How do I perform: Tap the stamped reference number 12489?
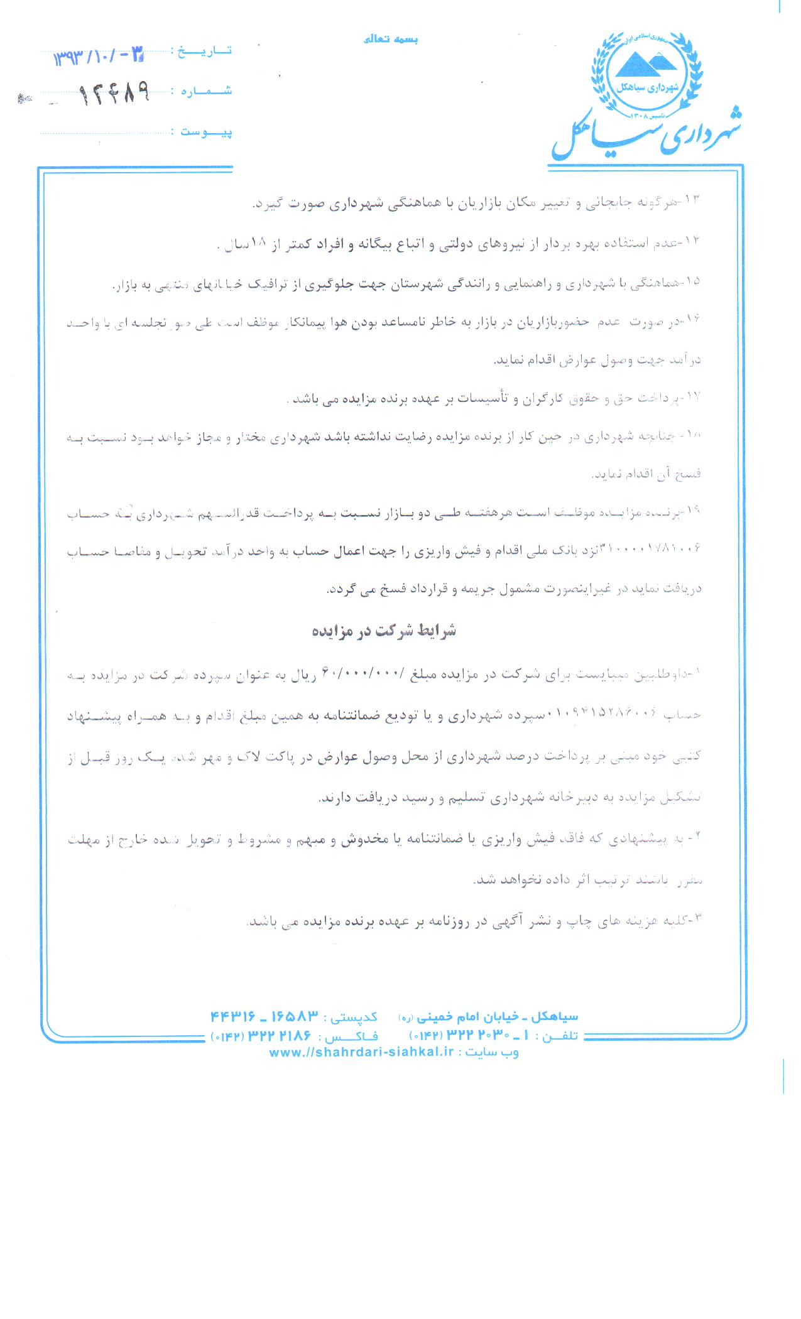tap(114, 95)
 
